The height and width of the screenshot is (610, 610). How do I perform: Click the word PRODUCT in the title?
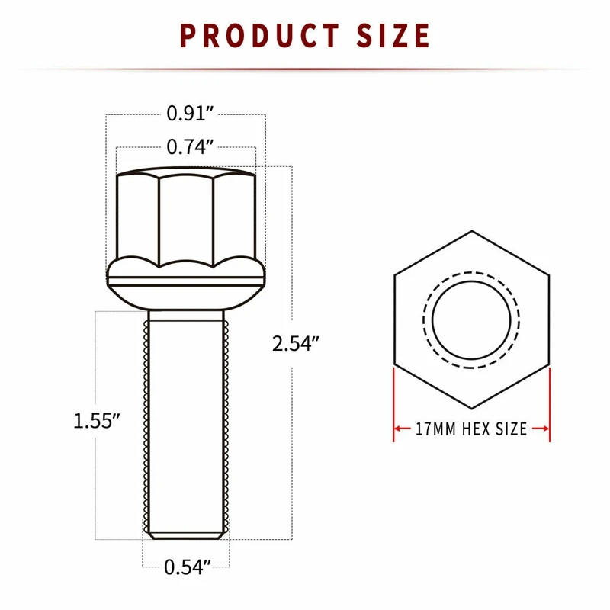260,36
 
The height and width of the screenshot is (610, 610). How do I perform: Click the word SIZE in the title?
393,36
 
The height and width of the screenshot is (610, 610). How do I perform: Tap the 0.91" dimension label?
190,114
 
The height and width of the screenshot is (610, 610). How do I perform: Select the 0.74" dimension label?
190,147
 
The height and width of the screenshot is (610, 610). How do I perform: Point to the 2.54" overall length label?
296,344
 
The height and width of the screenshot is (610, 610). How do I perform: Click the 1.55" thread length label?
97,421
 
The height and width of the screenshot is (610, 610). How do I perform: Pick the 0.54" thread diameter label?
188,567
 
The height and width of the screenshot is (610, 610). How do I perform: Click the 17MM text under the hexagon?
435,429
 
